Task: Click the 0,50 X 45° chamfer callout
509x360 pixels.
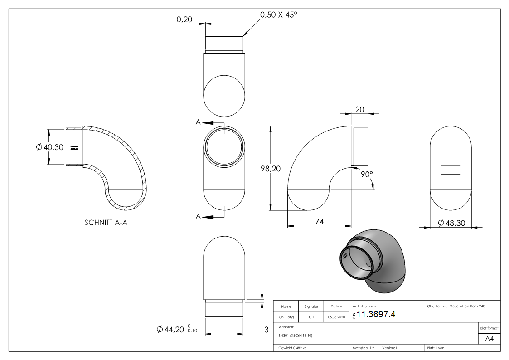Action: coord(278,15)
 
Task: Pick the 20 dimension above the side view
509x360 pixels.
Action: coord(360,109)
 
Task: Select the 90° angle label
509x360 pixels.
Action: coord(367,175)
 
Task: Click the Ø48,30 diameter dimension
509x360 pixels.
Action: coord(454,223)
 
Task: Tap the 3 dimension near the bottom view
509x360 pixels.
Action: coord(267,329)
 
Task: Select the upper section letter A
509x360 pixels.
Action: coord(199,123)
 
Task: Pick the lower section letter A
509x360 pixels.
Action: coord(198,217)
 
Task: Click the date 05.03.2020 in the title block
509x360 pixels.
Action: coord(336,317)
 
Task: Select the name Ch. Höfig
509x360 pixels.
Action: coord(286,317)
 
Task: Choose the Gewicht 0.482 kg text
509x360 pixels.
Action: coord(293,348)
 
